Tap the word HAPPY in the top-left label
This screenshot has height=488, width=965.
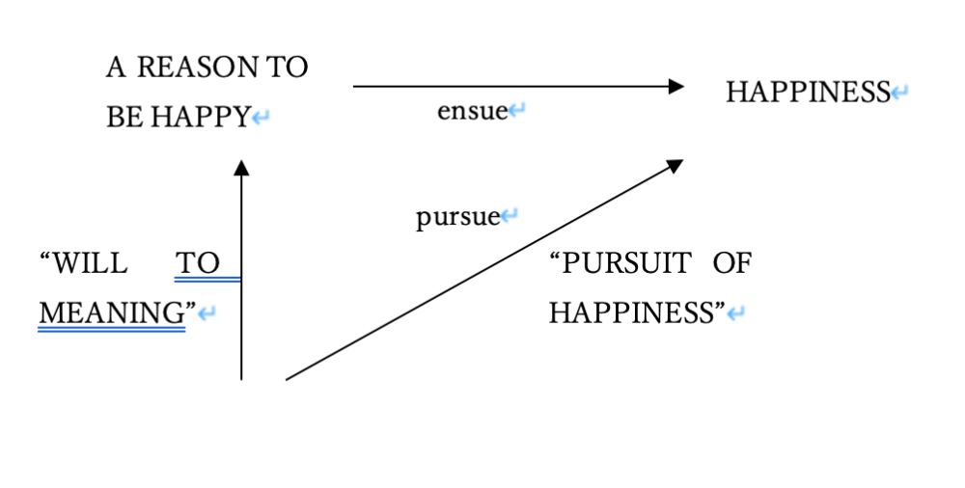200,117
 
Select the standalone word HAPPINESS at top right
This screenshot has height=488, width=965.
807,93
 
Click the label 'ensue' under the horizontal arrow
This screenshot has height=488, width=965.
472,111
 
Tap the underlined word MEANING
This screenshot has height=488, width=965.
112,312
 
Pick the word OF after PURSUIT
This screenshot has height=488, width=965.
731,262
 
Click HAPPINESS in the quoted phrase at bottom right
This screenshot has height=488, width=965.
632,312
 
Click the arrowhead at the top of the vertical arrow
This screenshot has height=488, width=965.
241,168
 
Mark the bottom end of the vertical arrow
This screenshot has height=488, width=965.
241,378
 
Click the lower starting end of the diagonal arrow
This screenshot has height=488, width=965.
288,379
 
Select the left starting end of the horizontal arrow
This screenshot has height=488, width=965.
355,87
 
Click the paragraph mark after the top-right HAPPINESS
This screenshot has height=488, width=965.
899,94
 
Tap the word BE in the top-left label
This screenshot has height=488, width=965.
124,117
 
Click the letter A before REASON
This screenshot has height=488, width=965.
116,68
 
